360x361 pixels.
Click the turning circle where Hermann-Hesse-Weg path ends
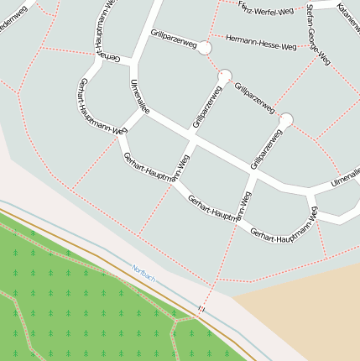tap(204, 48)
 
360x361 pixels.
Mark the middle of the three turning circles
tap(224, 76)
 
